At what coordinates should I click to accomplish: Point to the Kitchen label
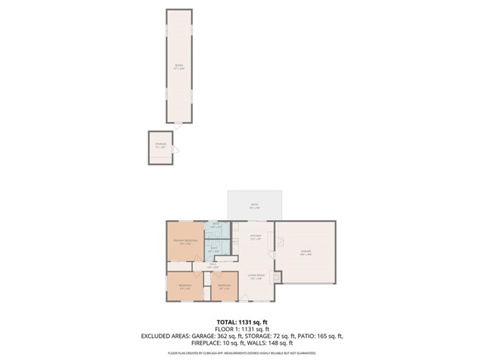[x=255, y=237]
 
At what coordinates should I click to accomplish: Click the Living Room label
[x=256, y=277]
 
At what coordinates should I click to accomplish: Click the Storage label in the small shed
[x=160, y=144]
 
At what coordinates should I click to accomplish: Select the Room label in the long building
[x=178, y=67]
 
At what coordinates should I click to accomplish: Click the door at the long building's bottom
[x=178, y=123]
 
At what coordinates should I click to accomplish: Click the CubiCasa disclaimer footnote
[x=241, y=353]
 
